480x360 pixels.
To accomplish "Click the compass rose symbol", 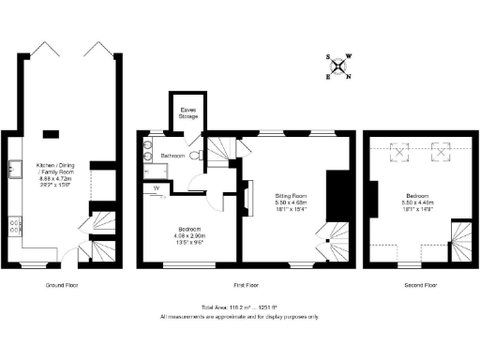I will [x=339, y=67].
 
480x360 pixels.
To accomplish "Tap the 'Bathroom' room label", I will [x=172, y=155].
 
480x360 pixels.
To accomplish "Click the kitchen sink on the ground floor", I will [x=16, y=169].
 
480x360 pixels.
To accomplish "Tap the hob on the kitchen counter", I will [x=15, y=225].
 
